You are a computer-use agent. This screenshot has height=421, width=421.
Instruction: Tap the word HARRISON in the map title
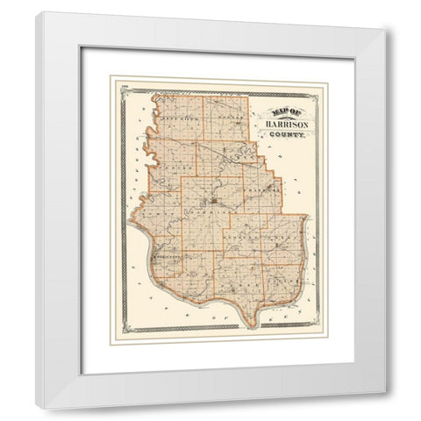(282, 124)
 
